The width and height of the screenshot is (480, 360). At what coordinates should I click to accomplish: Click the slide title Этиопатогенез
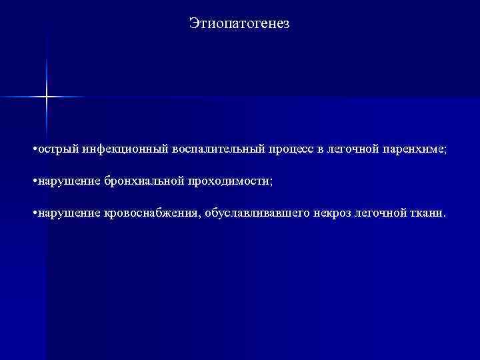point(239,24)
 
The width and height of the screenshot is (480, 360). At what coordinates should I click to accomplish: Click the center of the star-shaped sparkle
point(47,97)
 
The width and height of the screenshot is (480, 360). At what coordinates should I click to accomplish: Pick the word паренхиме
point(415,149)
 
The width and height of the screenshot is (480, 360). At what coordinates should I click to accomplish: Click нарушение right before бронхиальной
point(66,181)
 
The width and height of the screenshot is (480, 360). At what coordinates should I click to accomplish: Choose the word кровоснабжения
point(153,213)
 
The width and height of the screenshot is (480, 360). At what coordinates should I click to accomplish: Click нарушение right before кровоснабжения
point(66,213)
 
